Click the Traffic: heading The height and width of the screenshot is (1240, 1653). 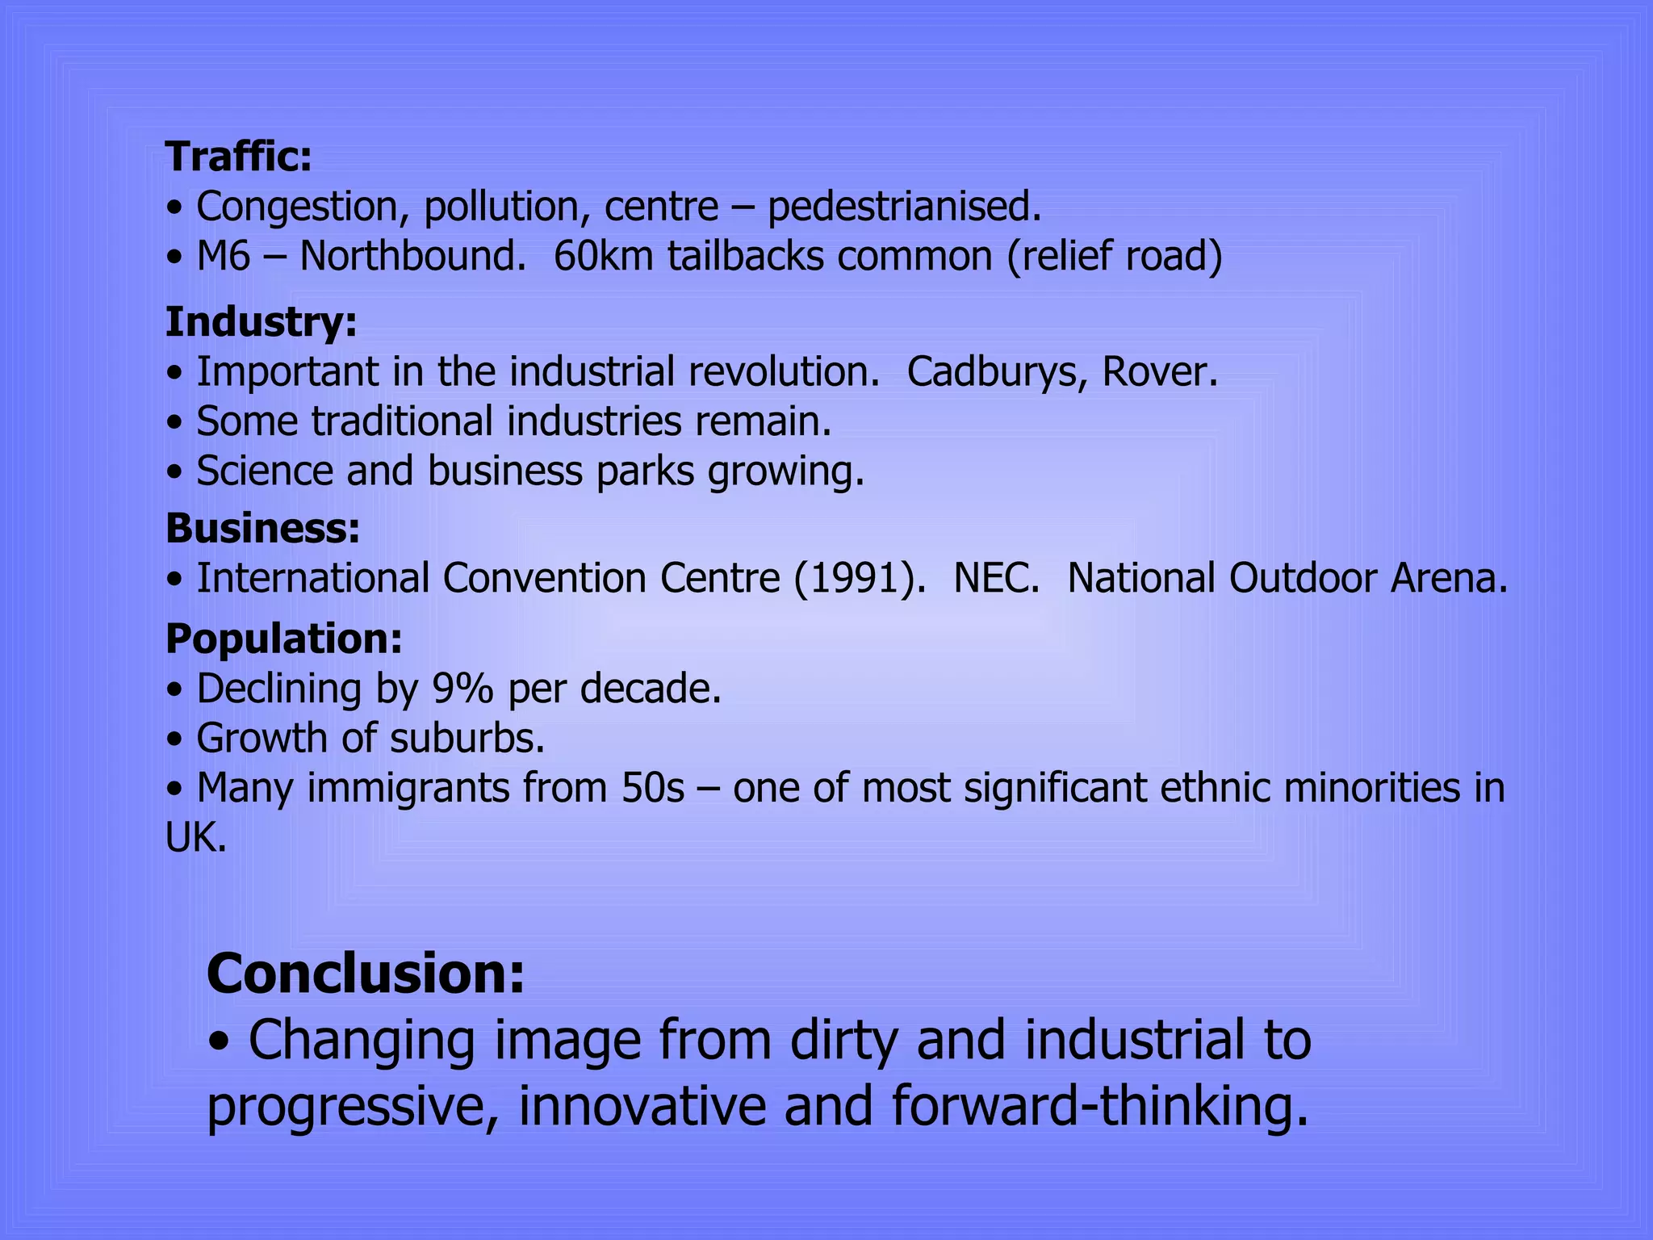(x=238, y=157)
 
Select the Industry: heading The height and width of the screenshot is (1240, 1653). (x=261, y=322)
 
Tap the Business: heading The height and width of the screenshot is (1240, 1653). (x=262, y=529)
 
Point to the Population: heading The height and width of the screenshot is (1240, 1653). (x=283, y=639)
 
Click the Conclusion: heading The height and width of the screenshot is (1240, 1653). (x=366, y=974)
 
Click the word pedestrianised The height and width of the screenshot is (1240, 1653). (x=903, y=207)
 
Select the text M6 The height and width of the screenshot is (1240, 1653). (x=224, y=257)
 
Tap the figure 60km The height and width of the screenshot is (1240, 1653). (x=603, y=257)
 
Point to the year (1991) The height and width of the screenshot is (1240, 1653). (x=860, y=579)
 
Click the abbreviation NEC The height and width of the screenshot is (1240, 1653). (x=997, y=579)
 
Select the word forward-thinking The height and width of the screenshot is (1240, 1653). (x=1099, y=1106)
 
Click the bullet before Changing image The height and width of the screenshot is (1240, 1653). (x=219, y=1041)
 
